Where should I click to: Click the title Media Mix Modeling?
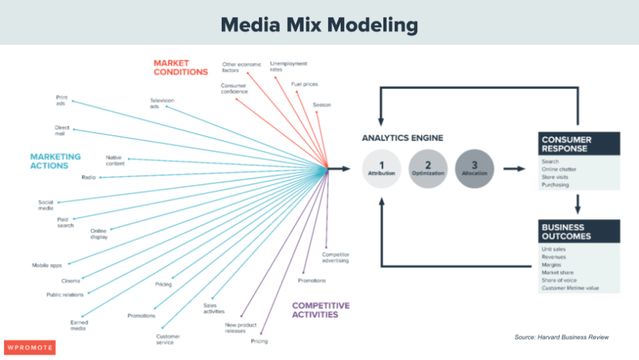tap(319, 25)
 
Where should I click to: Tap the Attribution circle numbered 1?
tap(381, 168)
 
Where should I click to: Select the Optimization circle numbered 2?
tap(427, 168)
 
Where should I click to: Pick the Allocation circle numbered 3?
tap(474, 168)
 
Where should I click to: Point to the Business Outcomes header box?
tap(579, 231)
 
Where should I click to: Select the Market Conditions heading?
tap(180, 67)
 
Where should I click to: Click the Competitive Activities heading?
tap(321, 310)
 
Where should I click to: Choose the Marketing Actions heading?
tap(55, 160)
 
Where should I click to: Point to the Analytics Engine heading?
tap(402, 138)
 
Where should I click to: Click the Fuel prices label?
tap(304, 85)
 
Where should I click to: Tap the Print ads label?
tap(61, 100)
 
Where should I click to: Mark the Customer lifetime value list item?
tap(570, 288)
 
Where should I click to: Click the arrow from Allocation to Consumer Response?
tap(515, 168)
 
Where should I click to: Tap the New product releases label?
tap(241, 328)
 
